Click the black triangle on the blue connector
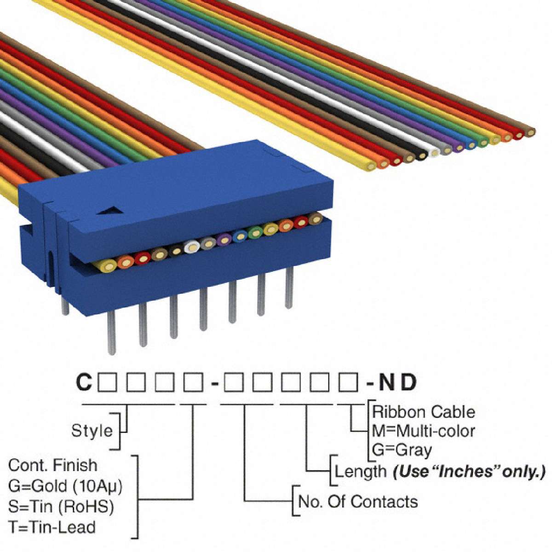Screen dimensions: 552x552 pyautogui.click(x=111, y=211)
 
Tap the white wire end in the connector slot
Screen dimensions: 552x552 pyautogui.click(x=192, y=247)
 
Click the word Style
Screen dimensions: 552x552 pyautogui.click(x=92, y=431)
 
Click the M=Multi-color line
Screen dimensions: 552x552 pyautogui.click(x=423, y=431)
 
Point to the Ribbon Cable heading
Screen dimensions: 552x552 pyautogui.click(x=423, y=412)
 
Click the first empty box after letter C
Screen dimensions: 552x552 pyautogui.click(x=107, y=382)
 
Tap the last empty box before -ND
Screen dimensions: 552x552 pyautogui.click(x=348, y=382)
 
